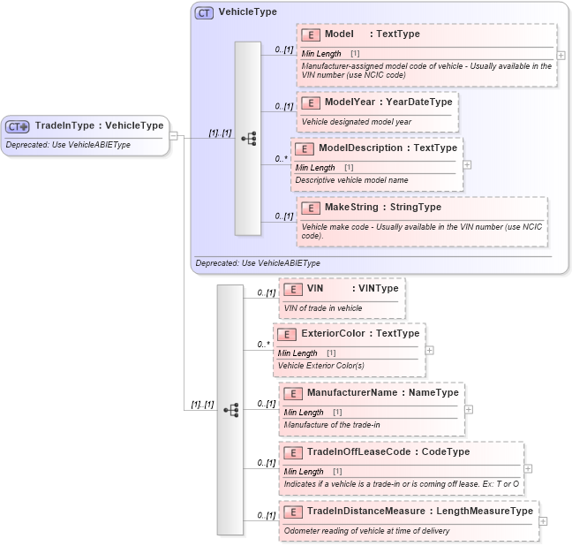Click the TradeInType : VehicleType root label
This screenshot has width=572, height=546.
[x=99, y=125]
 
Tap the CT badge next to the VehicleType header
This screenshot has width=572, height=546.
[x=204, y=12]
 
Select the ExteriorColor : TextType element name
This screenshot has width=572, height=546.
[x=360, y=334]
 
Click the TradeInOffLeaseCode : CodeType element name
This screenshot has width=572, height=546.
[x=388, y=452]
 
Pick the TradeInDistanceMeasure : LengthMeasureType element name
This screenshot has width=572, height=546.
[x=419, y=512]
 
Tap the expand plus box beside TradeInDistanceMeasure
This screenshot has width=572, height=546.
[x=543, y=520]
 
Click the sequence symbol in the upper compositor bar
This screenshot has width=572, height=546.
[x=248, y=139]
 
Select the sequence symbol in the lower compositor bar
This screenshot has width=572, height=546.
[x=230, y=410]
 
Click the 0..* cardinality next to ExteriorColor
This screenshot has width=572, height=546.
[x=263, y=345]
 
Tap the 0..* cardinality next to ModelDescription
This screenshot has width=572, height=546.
[x=281, y=159]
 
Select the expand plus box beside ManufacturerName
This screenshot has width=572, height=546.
[x=469, y=409]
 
